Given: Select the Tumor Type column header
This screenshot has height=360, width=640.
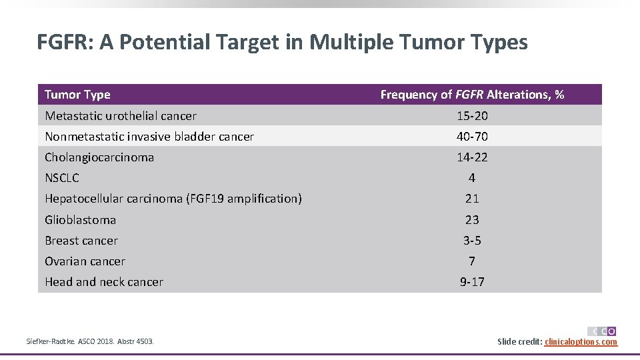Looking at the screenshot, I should pyautogui.click(x=77, y=95).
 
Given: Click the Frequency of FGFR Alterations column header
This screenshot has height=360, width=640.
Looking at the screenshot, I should pyautogui.click(x=472, y=95).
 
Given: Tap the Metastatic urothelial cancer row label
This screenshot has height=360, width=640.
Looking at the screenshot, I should pyautogui.click(x=121, y=116).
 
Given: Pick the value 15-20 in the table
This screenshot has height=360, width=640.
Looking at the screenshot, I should pyautogui.click(x=472, y=116).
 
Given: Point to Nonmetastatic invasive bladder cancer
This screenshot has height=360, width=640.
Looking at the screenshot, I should pyautogui.click(x=149, y=137).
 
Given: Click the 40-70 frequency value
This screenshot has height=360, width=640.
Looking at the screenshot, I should pyautogui.click(x=472, y=137).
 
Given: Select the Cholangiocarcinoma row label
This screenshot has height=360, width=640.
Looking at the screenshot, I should pyautogui.click(x=99, y=157).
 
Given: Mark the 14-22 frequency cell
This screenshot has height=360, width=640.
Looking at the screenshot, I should pyautogui.click(x=472, y=157).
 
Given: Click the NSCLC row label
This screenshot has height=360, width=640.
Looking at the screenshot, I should pyautogui.click(x=62, y=178).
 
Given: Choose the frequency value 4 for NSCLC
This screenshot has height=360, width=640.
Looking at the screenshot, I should pyautogui.click(x=472, y=178).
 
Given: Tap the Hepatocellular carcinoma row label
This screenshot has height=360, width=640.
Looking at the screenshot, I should pyautogui.click(x=173, y=199).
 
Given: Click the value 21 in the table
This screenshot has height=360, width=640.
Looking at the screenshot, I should pyautogui.click(x=472, y=199).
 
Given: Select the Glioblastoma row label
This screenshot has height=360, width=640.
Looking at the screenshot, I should pyautogui.click(x=80, y=220).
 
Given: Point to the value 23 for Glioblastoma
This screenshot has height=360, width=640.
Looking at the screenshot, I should pyautogui.click(x=472, y=220).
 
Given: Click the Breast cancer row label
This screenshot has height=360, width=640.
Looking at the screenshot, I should pyautogui.click(x=81, y=241).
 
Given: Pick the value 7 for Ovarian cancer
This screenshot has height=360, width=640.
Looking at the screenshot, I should pyautogui.click(x=472, y=261).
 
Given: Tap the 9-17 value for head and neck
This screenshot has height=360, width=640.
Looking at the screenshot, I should pyautogui.click(x=472, y=282).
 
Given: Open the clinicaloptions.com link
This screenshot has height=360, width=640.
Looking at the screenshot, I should pyautogui.click(x=581, y=342).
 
